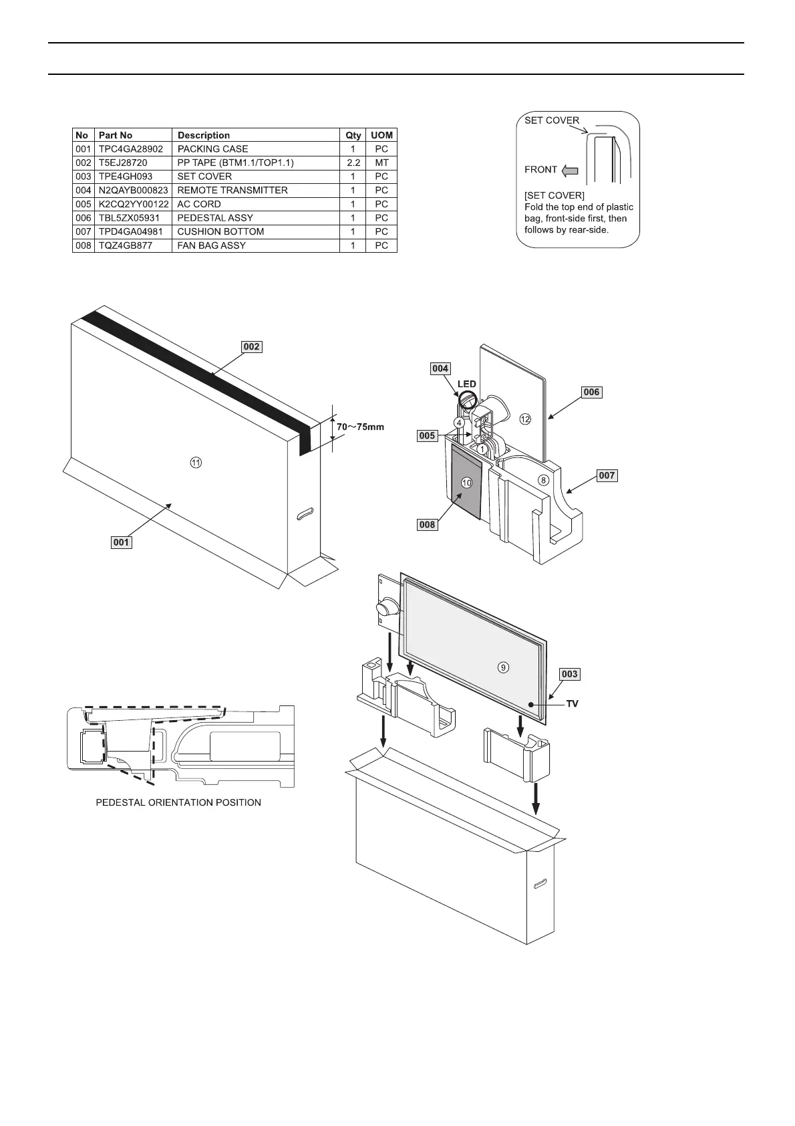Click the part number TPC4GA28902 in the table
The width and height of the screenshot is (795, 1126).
(x=130, y=149)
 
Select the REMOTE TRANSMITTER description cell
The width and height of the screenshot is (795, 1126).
(x=232, y=191)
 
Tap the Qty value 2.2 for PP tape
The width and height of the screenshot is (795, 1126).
(x=353, y=163)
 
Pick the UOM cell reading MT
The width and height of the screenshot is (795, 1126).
(x=381, y=163)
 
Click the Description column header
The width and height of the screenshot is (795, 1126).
(x=204, y=135)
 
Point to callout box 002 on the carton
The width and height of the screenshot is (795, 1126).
(x=251, y=347)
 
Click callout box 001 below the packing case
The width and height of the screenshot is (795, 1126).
(x=121, y=542)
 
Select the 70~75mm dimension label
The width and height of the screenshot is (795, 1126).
(x=360, y=427)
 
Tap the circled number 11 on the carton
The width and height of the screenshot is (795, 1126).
(x=196, y=462)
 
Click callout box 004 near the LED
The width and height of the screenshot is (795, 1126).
(x=440, y=368)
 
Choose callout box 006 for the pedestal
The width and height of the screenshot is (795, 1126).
(x=591, y=392)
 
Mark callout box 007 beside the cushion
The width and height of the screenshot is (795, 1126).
(x=607, y=476)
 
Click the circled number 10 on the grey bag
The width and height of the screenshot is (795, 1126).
(x=466, y=482)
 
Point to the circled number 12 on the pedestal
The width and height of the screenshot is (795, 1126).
(x=525, y=419)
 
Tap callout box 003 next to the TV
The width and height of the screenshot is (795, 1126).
(x=569, y=674)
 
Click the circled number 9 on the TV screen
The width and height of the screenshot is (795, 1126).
(x=504, y=667)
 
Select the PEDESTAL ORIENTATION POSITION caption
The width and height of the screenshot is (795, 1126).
(x=178, y=802)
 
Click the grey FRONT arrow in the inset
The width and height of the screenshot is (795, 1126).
(x=569, y=171)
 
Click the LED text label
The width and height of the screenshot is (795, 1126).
(x=466, y=384)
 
